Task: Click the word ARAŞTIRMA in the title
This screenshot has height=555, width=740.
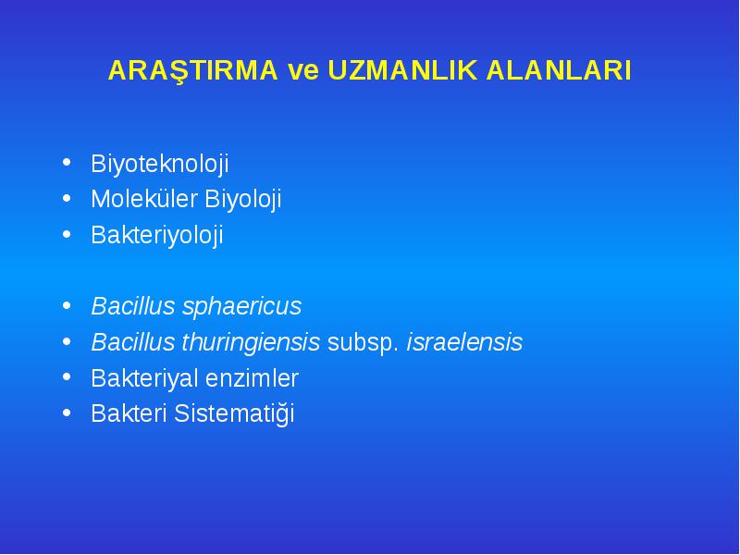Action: point(193,71)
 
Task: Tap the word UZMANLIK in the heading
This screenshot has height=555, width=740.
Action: point(402,70)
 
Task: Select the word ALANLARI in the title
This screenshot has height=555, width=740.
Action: point(559,70)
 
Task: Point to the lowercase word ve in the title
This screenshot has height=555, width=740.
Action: point(303,72)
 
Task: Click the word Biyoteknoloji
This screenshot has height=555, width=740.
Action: point(160,165)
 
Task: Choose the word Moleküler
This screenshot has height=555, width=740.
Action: point(144,199)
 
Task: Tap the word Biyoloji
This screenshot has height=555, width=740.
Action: point(243,200)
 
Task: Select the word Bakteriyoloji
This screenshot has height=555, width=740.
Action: point(157,236)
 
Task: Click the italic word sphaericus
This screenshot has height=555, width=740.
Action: point(242,307)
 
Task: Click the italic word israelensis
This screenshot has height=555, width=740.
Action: point(465,342)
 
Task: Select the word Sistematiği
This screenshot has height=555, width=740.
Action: point(234,413)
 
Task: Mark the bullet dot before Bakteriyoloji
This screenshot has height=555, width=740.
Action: point(67,234)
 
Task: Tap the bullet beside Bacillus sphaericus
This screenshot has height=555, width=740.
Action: point(67,305)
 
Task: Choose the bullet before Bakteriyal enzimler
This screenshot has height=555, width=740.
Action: point(67,376)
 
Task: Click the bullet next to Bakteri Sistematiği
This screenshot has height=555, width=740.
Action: point(67,413)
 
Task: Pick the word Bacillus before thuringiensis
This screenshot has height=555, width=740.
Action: point(133,342)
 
